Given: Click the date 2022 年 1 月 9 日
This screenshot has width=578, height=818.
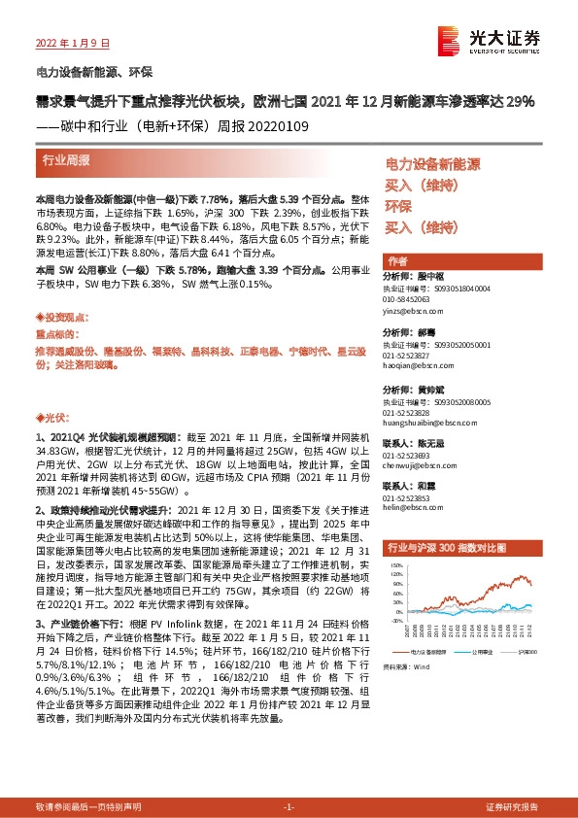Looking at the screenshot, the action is pos(73,44).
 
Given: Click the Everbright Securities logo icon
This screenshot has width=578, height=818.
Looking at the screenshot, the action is pos(449,39).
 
